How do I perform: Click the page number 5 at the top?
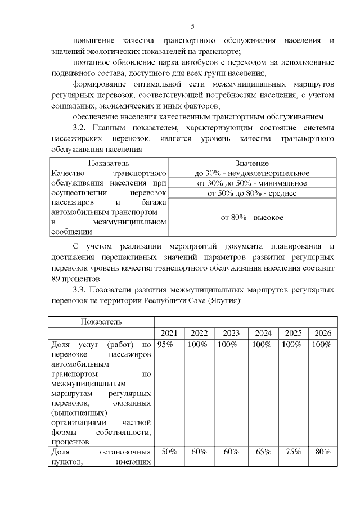(193, 26)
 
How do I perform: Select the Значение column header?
(251, 163)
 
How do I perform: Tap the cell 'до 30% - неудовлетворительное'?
(251, 173)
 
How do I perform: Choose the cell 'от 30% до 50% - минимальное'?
(251, 183)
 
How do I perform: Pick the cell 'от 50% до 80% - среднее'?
(251, 193)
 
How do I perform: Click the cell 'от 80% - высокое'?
(251, 217)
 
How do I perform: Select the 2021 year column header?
(169, 333)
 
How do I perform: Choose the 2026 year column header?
(323, 333)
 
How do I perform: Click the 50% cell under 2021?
(170, 452)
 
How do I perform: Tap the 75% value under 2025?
(291, 452)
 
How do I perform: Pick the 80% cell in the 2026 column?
(323, 452)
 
